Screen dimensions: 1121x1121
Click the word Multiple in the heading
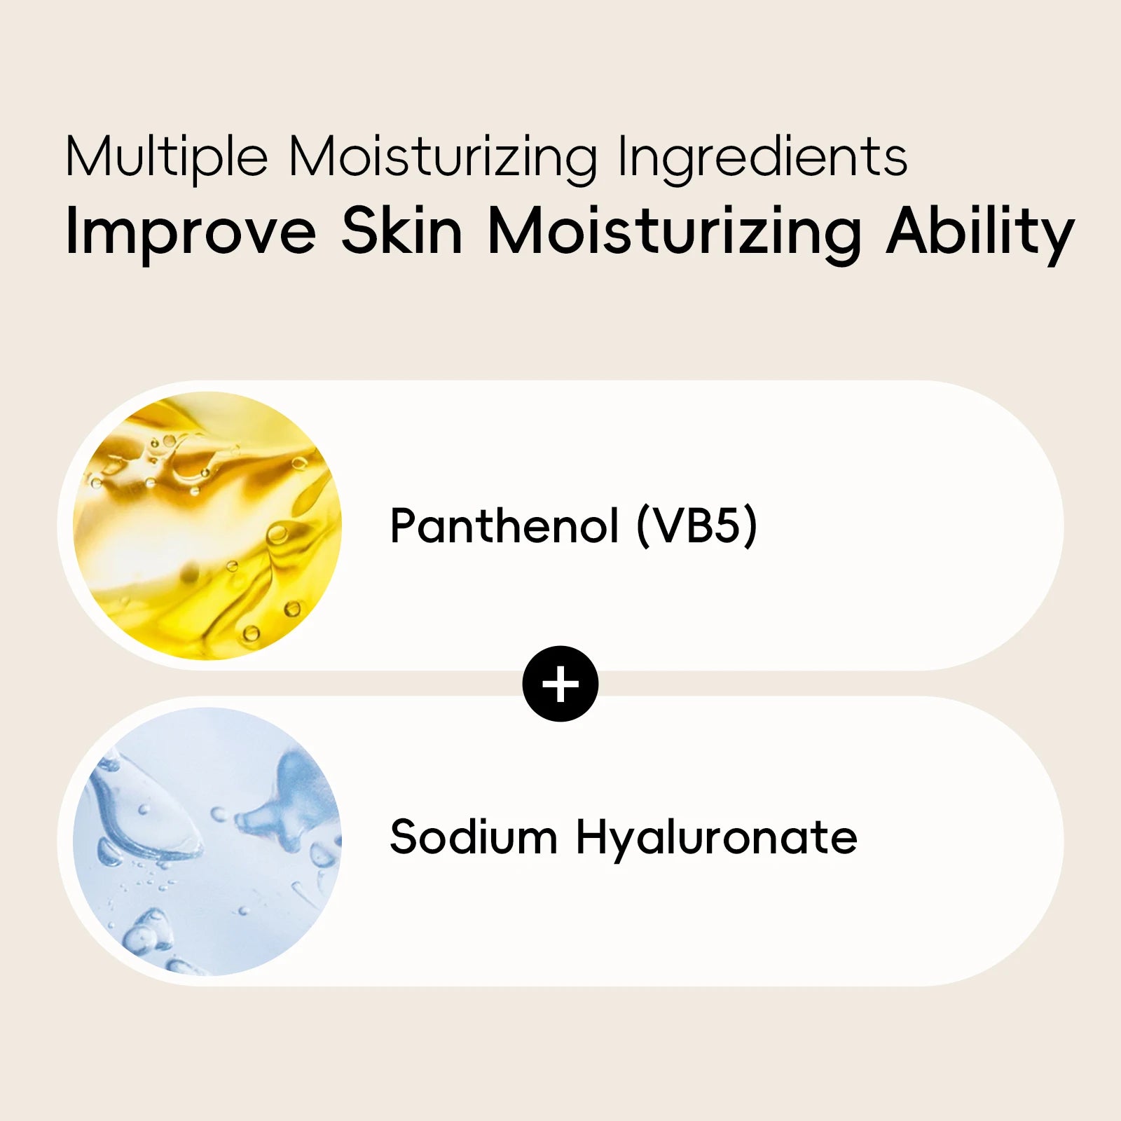(166, 157)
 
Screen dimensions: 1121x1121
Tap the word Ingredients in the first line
(762, 157)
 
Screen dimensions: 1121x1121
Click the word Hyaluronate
(716, 838)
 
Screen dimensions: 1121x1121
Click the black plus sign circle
(560, 684)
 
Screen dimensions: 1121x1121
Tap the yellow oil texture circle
(207, 525)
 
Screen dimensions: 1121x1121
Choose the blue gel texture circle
(207, 841)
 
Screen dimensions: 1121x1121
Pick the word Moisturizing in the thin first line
(443, 157)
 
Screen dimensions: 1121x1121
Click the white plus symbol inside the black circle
(560, 684)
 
